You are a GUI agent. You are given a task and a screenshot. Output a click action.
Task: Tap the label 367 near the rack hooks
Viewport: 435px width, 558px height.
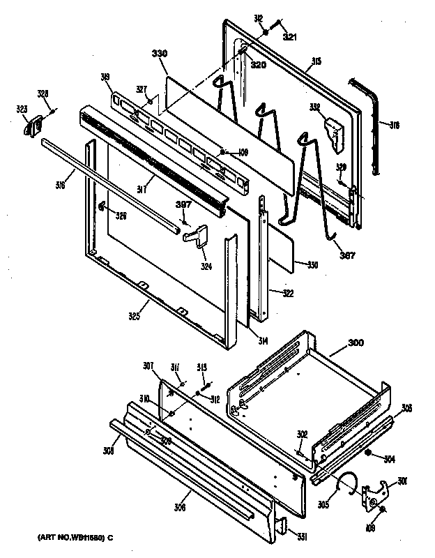[x=346, y=255]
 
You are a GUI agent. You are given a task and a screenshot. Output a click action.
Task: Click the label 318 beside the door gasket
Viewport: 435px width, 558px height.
[x=394, y=126]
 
